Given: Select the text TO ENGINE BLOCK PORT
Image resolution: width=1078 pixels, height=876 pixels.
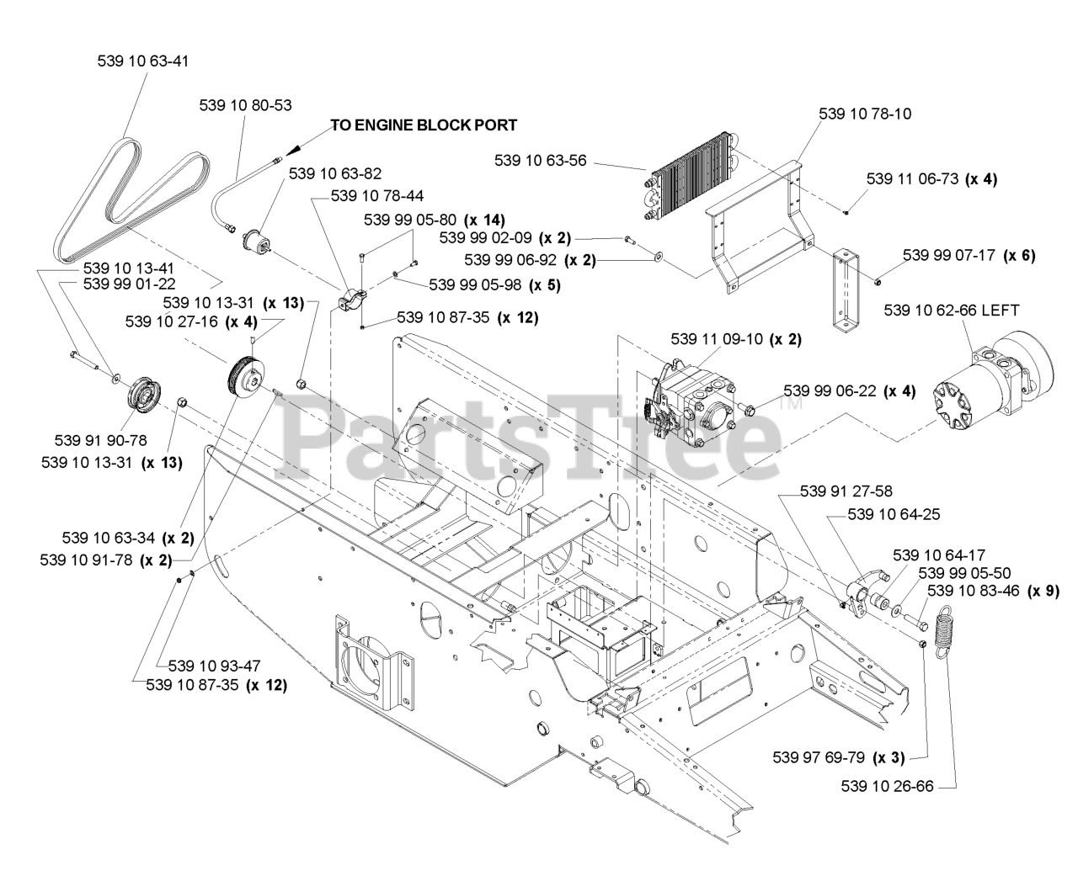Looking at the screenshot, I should [424, 125].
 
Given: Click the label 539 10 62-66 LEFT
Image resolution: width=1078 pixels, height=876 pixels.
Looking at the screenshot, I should [952, 311].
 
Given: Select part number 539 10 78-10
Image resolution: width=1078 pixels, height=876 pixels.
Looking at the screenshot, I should [865, 113].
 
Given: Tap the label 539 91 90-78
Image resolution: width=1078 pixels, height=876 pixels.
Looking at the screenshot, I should [100, 440].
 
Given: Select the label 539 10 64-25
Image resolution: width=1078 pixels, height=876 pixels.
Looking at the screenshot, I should [894, 515].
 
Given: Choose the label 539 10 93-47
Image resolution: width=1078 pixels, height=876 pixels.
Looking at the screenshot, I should [215, 665].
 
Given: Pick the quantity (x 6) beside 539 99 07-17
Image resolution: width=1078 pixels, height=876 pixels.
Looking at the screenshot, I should [1020, 255].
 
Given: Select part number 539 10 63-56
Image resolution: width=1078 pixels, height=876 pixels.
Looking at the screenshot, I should [540, 160].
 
